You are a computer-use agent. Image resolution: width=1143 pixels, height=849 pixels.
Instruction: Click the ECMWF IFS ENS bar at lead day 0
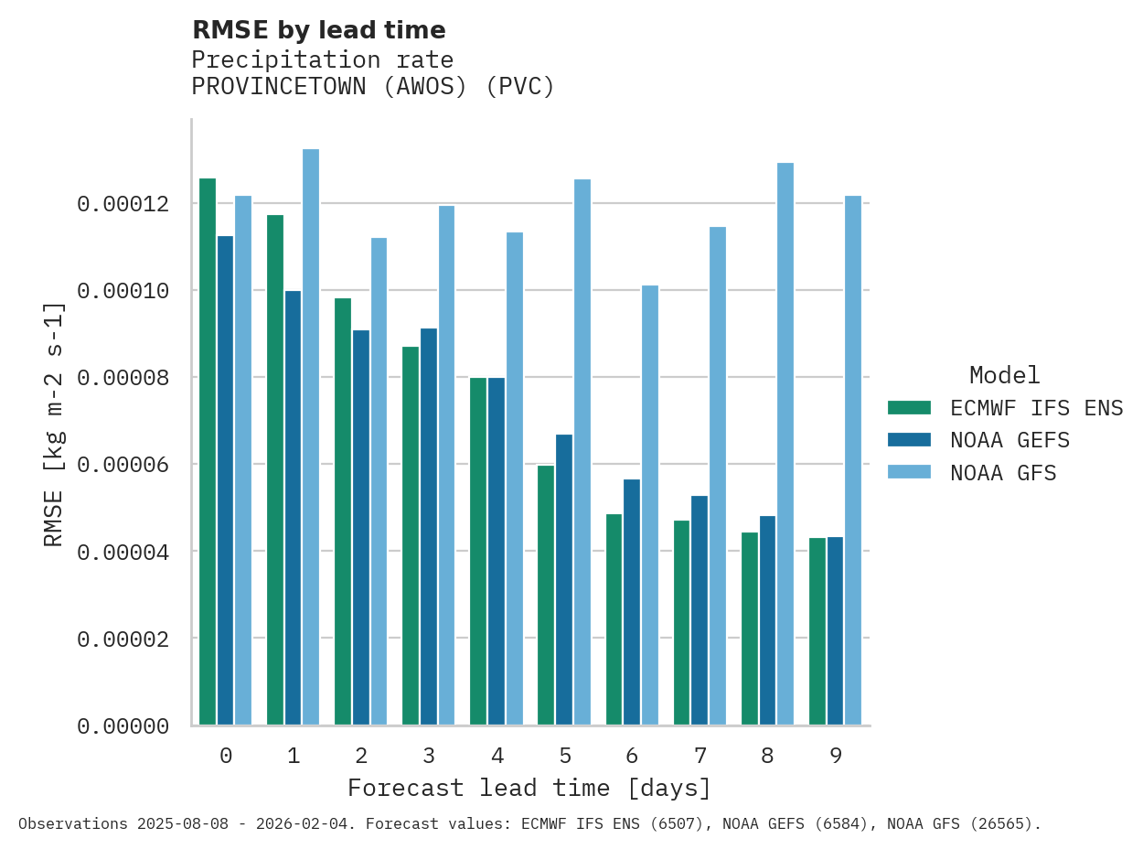[208, 452]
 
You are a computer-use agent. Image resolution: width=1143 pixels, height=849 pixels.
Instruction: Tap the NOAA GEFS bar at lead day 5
[564, 580]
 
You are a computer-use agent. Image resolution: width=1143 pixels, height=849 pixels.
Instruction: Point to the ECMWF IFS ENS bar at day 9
[817, 631]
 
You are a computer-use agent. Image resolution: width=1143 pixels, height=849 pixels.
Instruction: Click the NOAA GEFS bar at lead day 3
[429, 527]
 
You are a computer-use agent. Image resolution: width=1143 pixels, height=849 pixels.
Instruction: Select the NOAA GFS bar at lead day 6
[649, 505]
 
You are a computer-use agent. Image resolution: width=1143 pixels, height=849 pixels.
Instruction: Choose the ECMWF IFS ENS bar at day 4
[478, 552]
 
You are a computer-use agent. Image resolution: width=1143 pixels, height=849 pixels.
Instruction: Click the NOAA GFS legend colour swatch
[909, 473]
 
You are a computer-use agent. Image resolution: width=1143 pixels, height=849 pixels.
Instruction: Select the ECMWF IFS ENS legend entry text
[1036, 407]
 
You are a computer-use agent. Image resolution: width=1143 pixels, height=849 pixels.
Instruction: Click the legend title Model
[1004, 375]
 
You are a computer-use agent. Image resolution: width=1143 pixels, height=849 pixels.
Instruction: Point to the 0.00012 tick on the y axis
[123, 204]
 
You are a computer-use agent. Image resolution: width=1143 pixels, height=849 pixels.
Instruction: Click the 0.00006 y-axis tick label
[123, 465]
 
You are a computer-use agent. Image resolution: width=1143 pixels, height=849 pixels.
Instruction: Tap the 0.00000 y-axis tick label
[123, 726]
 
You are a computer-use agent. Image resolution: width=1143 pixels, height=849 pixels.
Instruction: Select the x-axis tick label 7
[700, 756]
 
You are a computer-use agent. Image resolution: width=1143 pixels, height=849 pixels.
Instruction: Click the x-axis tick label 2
[361, 756]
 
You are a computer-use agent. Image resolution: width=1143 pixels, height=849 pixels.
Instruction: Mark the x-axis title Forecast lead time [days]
[529, 788]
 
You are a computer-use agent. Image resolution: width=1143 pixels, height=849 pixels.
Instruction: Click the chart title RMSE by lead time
[318, 30]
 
